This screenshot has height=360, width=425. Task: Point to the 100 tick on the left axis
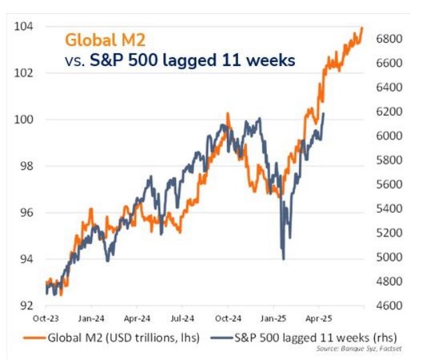24,119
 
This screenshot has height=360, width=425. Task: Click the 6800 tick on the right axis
388,39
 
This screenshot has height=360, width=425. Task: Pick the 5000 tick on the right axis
388,257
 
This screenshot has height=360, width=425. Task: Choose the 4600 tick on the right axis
388,306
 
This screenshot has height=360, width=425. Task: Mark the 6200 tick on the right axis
388,111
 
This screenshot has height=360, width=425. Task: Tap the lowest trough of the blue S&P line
284,259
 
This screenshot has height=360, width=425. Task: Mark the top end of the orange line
362,27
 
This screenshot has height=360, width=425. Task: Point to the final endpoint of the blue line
324,113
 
